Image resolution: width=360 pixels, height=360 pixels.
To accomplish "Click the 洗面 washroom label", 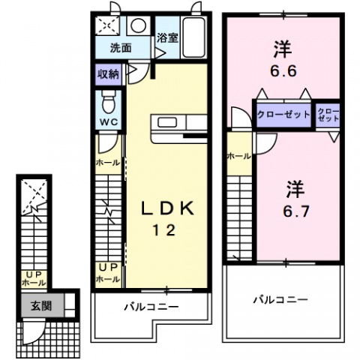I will pyautogui.click(x=121, y=47).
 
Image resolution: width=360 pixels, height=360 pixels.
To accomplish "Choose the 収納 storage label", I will pyautogui.click(x=107, y=73).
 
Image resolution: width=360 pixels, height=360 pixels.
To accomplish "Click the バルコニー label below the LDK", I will pyautogui.click(x=151, y=307).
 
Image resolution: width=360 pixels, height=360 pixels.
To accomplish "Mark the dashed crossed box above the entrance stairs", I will pyautogui.click(x=33, y=194).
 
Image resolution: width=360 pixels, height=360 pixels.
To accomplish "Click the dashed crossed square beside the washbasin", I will pyautogui.click(x=109, y=25).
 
